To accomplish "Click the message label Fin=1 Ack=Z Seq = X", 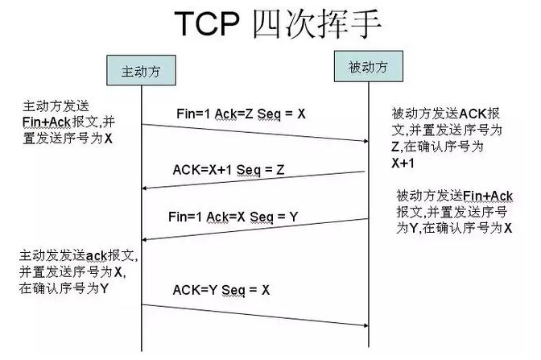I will pos(240,114).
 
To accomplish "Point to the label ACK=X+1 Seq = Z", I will pos(229,169).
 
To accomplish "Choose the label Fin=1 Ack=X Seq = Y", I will pos(229,216).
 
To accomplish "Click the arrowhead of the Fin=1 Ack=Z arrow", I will pos(364,142).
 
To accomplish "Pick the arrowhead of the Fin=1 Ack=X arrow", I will pos(147,238).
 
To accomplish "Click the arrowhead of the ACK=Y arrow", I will pos(364,325).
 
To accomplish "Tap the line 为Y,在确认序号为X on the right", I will pos(454,228).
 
